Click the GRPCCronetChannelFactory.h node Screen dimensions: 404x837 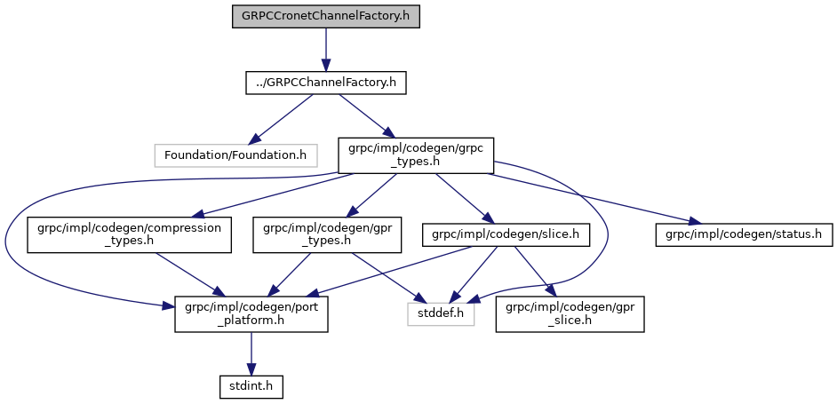tap(325, 17)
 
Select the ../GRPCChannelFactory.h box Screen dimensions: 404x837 tap(325, 83)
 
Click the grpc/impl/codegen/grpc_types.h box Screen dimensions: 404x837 tap(415, 154)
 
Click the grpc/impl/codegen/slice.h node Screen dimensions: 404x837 tap(506, 234)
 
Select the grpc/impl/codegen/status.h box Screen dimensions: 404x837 tap(743, 234)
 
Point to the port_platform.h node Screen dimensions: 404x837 tap(251, 314)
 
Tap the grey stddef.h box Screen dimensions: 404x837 tap(441, 314)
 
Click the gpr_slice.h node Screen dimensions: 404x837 tap(570, 314)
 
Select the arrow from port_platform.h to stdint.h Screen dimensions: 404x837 tap(251, 353)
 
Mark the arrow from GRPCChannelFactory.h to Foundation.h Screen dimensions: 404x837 tap(281, 118)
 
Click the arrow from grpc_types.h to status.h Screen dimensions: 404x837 tap(586, 196)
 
